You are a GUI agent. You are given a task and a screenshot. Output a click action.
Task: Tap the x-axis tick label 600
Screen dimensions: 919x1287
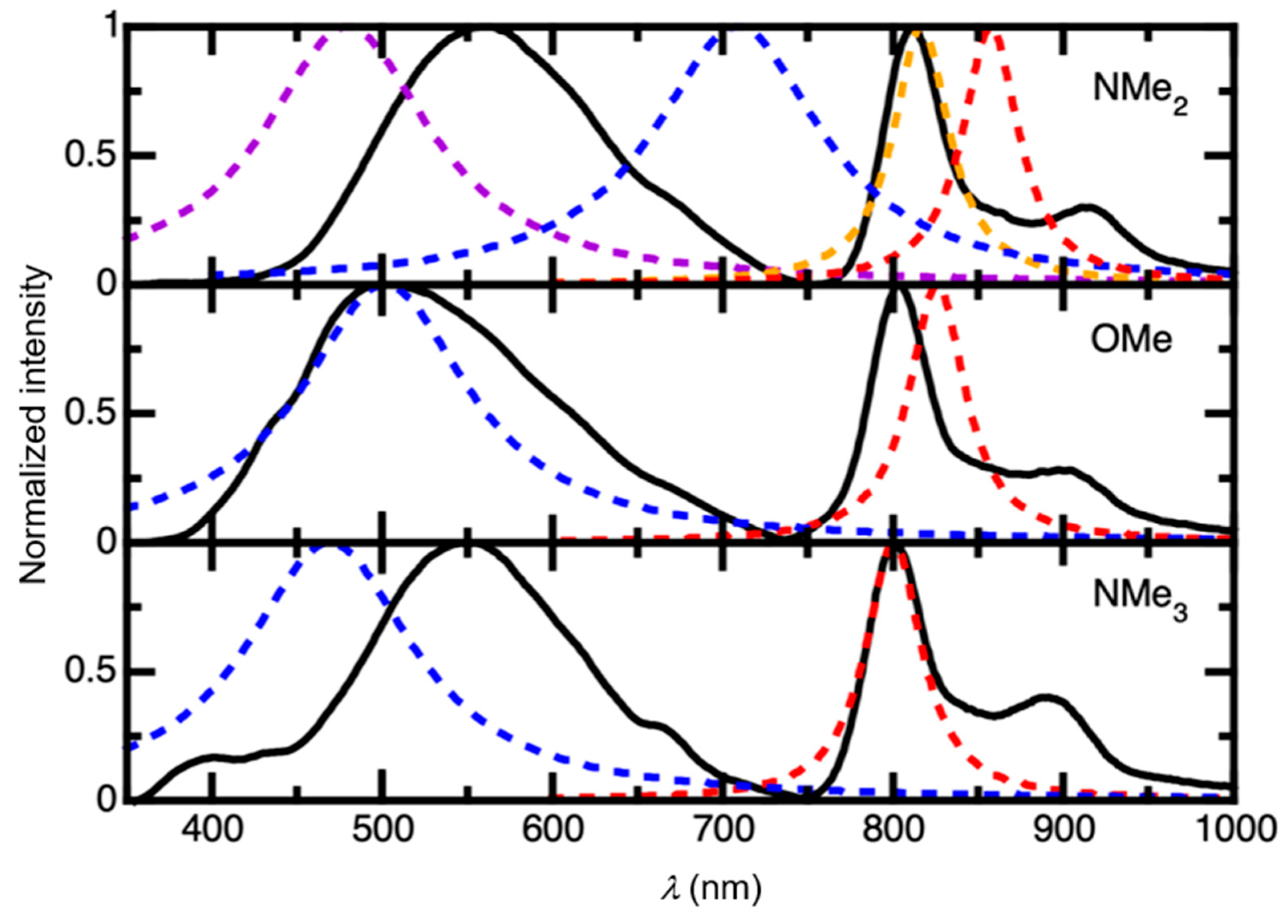[552, 830]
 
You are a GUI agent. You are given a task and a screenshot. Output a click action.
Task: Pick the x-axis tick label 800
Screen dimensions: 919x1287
[893, 830]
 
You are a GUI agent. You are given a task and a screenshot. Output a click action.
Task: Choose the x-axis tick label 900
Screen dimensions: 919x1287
[1062, 830]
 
